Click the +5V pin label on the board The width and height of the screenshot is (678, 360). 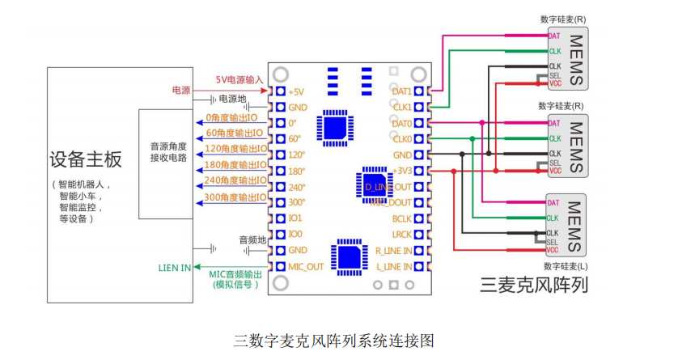(297, 91)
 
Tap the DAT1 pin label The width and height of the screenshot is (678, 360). (401, 91)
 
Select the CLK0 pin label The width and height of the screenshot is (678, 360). (401, 139)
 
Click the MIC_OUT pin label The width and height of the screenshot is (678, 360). (306, 266)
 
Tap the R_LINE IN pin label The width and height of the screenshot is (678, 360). (394, 250)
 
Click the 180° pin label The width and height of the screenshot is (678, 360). (297, 171)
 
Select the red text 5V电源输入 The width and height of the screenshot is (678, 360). (239, 79)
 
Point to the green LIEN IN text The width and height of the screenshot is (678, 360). (175, 267)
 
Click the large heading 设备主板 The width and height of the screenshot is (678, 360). (86, 159)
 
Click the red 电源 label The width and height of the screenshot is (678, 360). (181, 90)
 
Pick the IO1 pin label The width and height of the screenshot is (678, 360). (295, 218)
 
